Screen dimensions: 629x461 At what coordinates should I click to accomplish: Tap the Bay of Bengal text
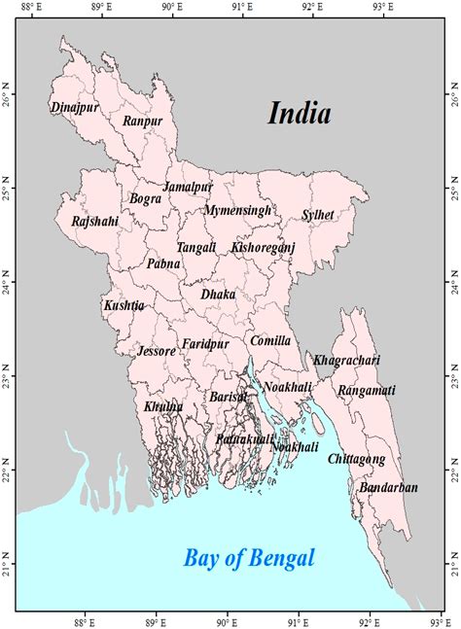pos(250,558)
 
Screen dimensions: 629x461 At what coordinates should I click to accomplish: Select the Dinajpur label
pos(76,107)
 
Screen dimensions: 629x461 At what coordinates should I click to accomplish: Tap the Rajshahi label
pos(94,222)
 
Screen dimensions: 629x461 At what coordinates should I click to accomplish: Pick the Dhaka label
pos(218,294)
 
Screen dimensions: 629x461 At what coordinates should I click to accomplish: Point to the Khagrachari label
pos(341,360)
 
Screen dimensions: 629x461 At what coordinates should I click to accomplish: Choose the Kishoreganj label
pos(263,248)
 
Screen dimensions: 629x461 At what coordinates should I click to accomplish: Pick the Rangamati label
pos(367,390)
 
